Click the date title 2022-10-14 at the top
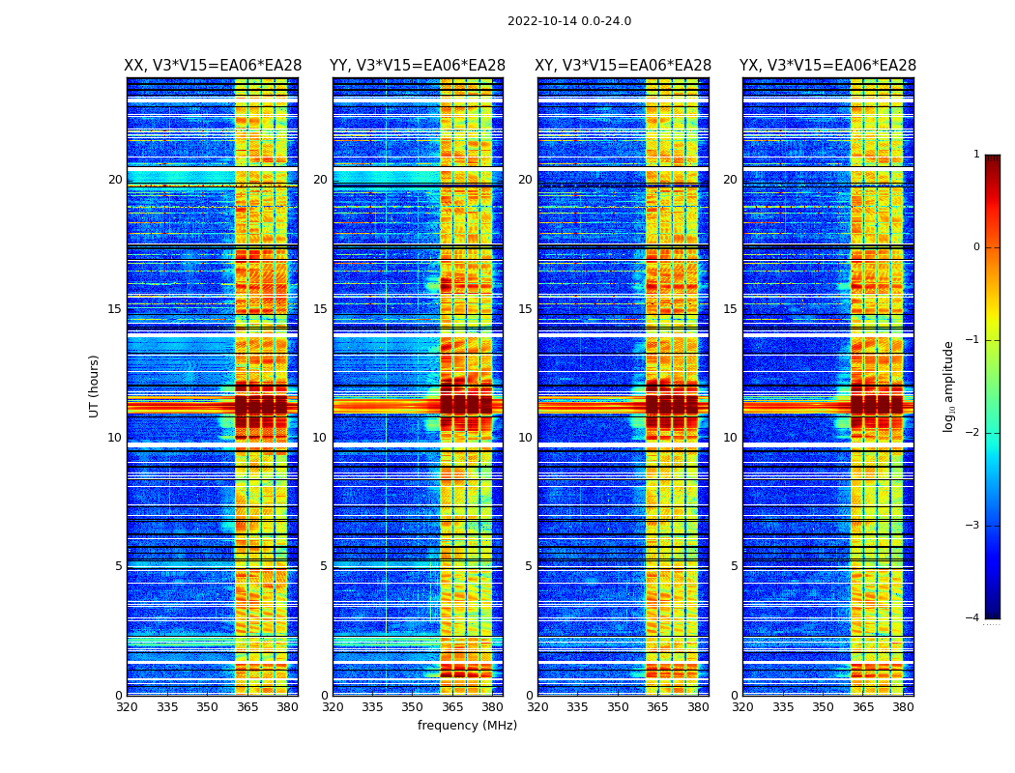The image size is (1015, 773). pyautogui.click(x=568, y=21)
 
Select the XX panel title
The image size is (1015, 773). pyautogui.click(x=213, y=66)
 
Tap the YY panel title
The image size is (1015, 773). pyautogui.click(x=418, y=66)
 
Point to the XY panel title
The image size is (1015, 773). pyautogui.click(x=623, y=66)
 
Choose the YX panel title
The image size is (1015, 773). pyautogui.click(x=827, y=66)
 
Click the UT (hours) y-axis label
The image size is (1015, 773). pyautogui.click(x=95, y=386)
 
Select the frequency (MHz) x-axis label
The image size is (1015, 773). pyautogui.click(x=467, y=726)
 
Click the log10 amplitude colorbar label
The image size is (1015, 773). pyautogui.click(x=949, y=386)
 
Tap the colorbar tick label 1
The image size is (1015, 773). pyautogui.click(x=976, y=155)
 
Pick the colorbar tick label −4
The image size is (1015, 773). pyautogui.click(x=973, y=618)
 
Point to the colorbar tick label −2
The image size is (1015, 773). pyautogui.click(x=973, y=433)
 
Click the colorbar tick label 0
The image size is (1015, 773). pyautogui.click(x=976, y=247)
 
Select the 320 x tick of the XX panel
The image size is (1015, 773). pyautogui.click(x=127, y=707)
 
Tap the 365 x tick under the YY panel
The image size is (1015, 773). pyautogui.click(x=452, y=707)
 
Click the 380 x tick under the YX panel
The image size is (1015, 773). pyautogui.click(x=903, y=707)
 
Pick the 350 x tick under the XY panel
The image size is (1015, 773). pyautogui.click(x=618, y=707)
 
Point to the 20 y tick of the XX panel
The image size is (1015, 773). pyautogui.click(x=115, y=180)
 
